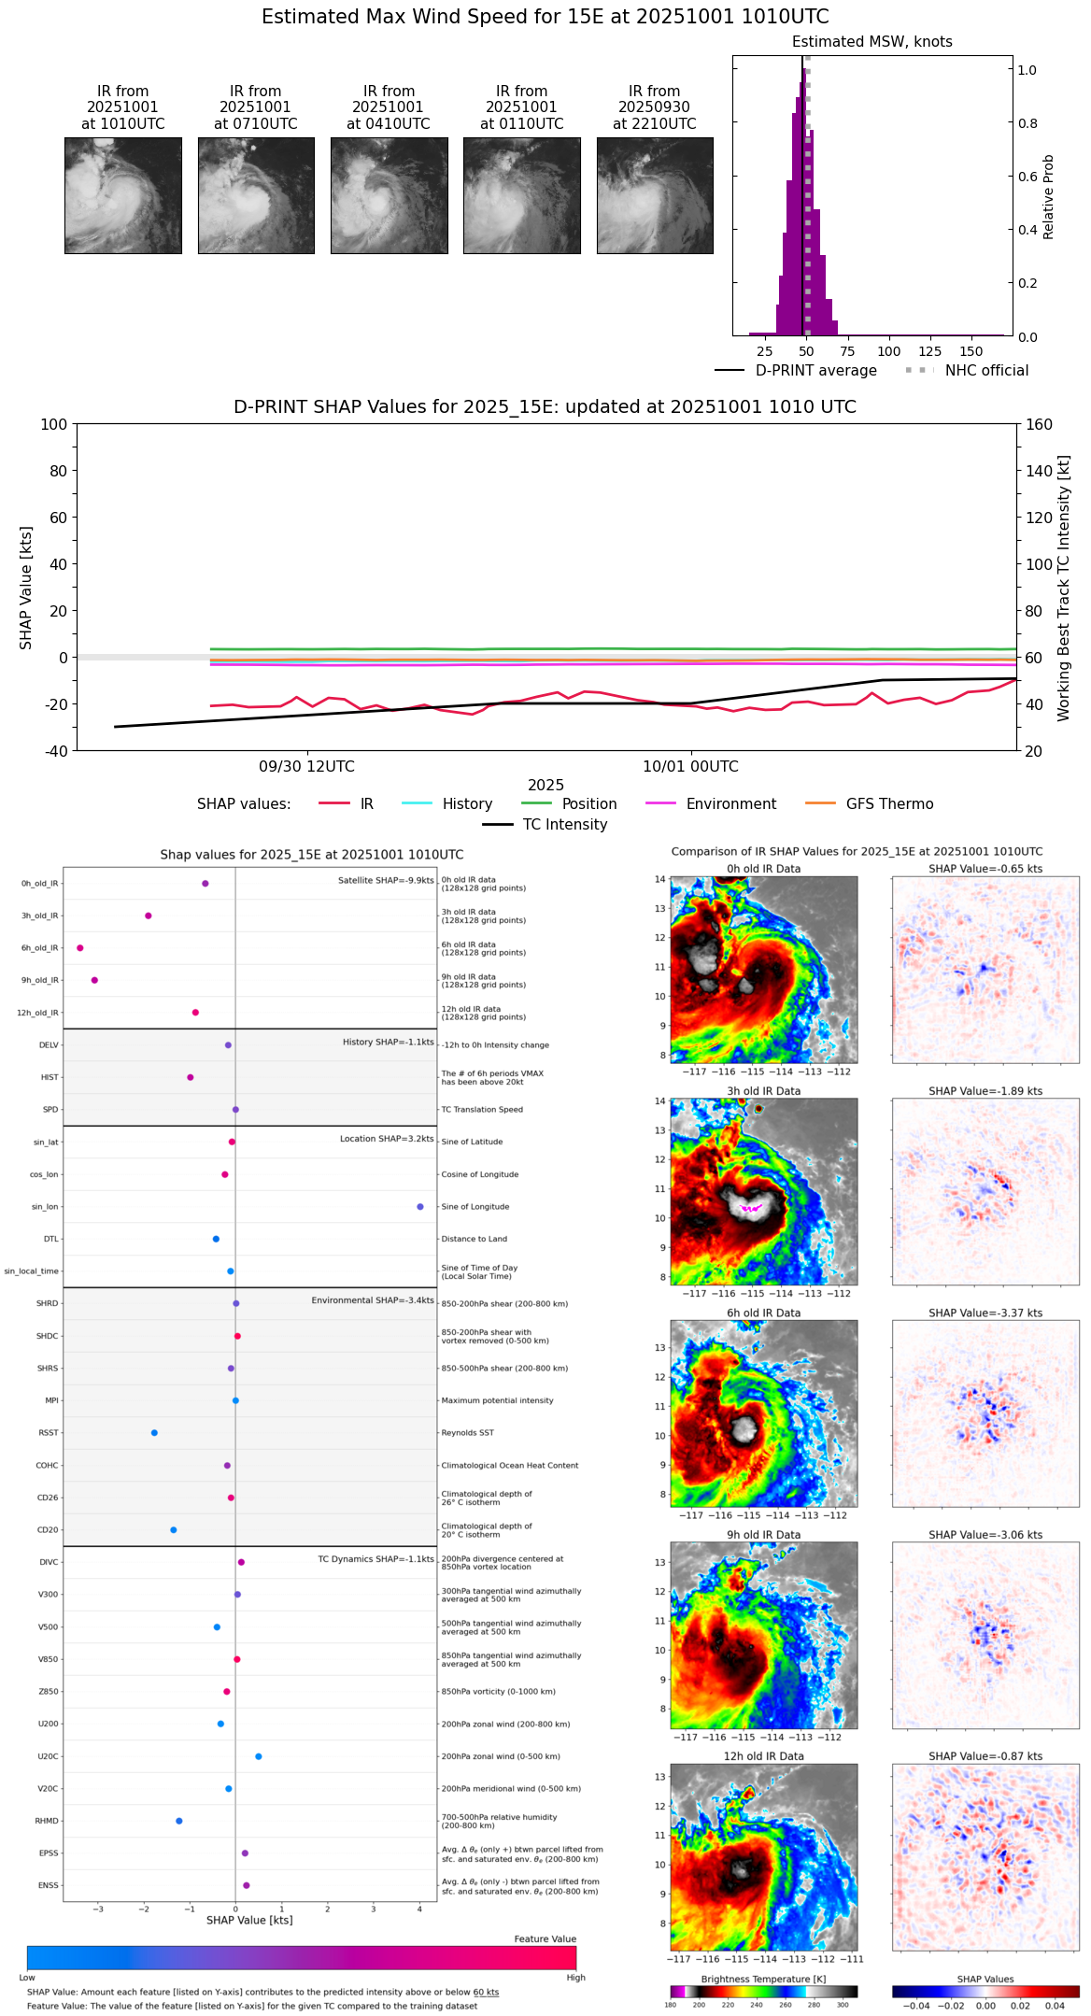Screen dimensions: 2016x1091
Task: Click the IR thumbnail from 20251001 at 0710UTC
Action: coord(256,195)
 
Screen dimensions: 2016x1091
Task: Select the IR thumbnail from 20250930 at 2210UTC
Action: coord(655,195)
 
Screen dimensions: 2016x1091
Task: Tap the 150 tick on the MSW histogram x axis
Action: coord(971,351)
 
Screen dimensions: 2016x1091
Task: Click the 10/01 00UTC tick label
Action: coord(690,767)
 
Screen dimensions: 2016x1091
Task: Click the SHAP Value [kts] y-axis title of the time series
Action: coord(26,588)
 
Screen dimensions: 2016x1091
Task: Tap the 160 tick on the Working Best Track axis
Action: coord(1039,424)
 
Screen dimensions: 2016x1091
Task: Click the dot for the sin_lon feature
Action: coord(420,1207)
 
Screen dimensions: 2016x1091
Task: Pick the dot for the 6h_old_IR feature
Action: coord(80,948)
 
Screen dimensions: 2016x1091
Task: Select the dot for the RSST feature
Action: coord(154,1433)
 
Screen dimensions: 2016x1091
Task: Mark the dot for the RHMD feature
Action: coord(179,1821)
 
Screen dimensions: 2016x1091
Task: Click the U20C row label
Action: coord(48,1756)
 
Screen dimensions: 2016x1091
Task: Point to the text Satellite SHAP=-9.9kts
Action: coord(386,880)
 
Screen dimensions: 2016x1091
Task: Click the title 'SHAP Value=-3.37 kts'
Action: coord(985,1313)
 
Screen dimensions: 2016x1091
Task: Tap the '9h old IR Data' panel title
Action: coord(763,1535)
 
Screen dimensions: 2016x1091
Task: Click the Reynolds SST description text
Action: coord(468,1433)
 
